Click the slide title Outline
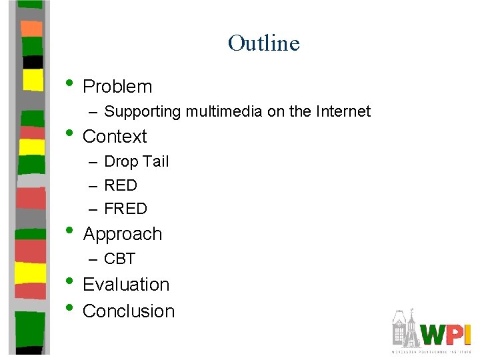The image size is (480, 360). (263, 43)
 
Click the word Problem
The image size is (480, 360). (117, 87)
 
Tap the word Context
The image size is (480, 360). (115, 137)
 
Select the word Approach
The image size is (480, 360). (123, 235)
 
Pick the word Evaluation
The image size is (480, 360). (126, 285)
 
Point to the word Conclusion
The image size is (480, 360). (129, 311)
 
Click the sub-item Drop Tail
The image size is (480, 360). (137, 162)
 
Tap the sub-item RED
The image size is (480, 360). (121, 185)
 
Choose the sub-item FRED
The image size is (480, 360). (126, 209)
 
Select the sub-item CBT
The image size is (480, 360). (120, 259)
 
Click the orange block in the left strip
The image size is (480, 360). (31, 28)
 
